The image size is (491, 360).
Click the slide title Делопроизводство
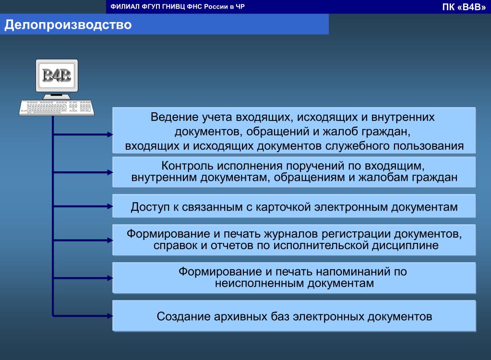[x=68, y=25]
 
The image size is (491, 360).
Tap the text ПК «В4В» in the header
[x=464, y=7]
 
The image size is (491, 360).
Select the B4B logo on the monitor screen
[x=57, y=75]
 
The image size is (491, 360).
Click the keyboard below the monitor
[x=57, y=108]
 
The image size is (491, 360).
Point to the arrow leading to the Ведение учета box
[x=83, y=134]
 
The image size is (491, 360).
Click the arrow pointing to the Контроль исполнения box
[x=83, y=172]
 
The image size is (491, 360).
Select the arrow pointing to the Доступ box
[x=83, y=206]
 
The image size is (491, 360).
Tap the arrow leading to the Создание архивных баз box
[x=83, y=316]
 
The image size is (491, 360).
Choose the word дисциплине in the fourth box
[x=405, y=246]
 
